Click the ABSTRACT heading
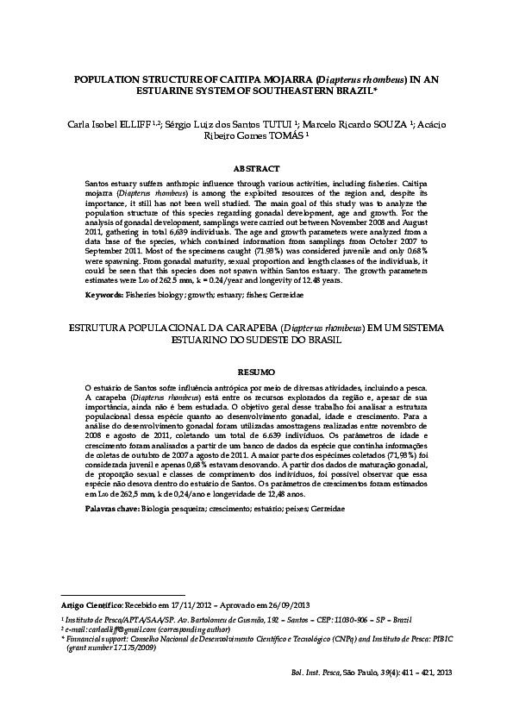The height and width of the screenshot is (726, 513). (x=256, y=168)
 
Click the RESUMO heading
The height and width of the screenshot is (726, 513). (x=256, y=372)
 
